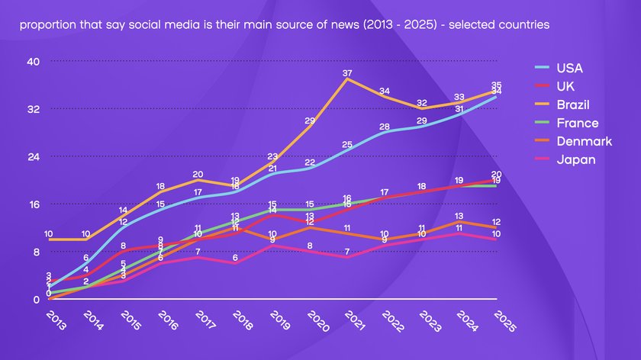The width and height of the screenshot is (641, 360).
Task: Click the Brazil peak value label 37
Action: coord(347,73)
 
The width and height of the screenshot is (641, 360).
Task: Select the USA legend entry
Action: coord(569,68)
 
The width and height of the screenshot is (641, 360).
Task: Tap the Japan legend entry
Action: coord(575,159)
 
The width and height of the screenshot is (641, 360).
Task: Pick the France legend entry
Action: coord(576,123)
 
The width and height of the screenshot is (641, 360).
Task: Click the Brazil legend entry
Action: coord(572,104)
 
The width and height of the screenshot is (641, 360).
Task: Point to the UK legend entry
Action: coord(564,86)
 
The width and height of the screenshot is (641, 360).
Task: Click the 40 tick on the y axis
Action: coord(34,61)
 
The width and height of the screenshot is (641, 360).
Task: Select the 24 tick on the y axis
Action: coord(34,156)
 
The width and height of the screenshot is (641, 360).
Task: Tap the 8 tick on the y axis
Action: coord(36,252)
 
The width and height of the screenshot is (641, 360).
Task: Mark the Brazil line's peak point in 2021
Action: coord(347,79)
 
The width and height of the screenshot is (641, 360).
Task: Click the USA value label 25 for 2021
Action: coord(347,145)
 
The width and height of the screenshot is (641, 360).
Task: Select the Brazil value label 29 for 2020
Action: coord(310,121)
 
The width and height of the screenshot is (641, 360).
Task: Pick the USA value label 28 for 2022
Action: coord(385,127)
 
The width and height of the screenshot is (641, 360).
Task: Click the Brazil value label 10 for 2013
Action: coord(48,234)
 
